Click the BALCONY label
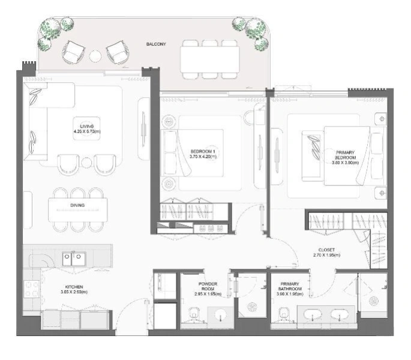pos(156,44)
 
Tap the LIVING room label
pos(87,126)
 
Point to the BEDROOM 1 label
pos(203,151)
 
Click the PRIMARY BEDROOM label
pos(346,154)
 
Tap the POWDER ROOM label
pos(208,286)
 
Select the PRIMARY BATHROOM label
pos(286,286)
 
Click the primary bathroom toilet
pos(287,313)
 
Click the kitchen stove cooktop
pos(32,293)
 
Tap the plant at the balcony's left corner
pos(50,33)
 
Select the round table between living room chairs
pos(87,162)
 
